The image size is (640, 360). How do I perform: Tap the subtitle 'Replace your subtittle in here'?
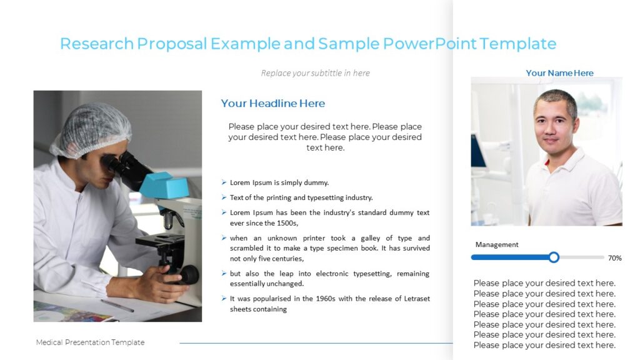315,73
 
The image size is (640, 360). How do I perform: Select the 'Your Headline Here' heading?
273,104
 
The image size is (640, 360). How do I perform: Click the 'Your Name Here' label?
559,73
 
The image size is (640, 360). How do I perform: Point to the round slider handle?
554,257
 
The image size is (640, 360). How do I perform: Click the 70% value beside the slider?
614,257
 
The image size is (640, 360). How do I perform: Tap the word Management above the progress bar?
497,244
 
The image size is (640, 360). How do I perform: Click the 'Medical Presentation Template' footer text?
90,342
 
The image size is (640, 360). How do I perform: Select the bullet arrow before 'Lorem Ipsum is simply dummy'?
224,182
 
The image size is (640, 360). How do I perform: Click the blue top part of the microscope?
163,185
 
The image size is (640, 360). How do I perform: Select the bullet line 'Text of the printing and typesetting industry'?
301,197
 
